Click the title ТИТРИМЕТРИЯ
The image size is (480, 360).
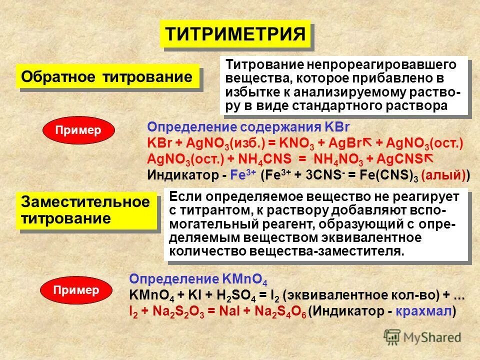(x=235, y=34)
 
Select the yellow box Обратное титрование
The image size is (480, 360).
(x=107, y=77)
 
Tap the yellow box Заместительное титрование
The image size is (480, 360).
(x=86, y=210)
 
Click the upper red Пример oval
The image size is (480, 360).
(x=78, y=130)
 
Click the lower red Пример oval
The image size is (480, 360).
(x=76, y=290)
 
